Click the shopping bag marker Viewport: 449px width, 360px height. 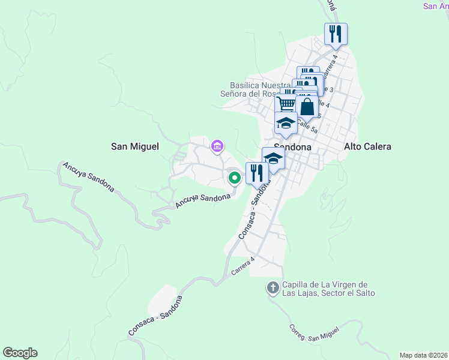click(x=307, y=107)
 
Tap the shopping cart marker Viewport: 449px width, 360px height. click(x=286, y=104)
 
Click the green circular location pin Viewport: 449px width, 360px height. click(x=234, y=177)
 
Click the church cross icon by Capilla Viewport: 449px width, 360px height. click(x=273, y=288)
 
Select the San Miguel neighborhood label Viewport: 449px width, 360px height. click(x=135, y=146)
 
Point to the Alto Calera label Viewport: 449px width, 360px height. click(x=367, y=146)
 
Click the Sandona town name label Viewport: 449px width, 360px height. click(x=292, y=146)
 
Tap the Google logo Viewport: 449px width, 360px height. click(x=20, y=353)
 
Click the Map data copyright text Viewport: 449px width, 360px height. click(x=423, y=355)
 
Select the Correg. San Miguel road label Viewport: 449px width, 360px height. click(x=313, y=334)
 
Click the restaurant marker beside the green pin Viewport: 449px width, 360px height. click(x=257, y=173)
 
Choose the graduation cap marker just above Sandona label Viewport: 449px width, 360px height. click(x=286, y=124)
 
